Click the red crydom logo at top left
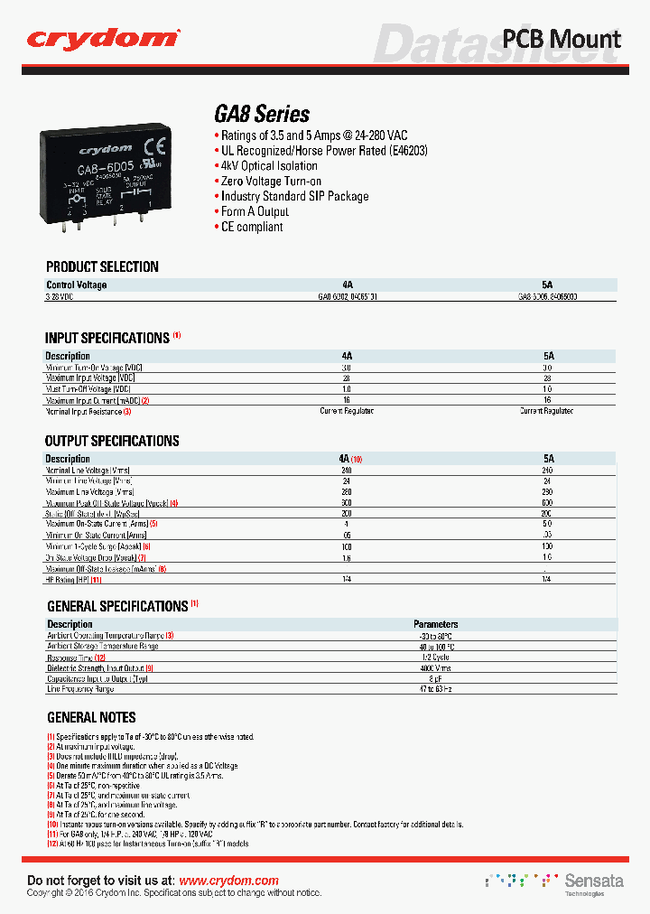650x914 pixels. coord(102,38)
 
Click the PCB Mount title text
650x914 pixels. coord(561,39)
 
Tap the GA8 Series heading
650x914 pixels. coord(262,115)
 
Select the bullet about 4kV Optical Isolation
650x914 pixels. coord(269,166)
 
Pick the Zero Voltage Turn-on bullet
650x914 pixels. coord(271,182)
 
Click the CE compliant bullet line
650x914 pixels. coord(252,227)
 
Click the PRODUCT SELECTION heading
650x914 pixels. coord(102,267)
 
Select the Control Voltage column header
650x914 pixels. coord(77,285)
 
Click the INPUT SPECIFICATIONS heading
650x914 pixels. coord(107,338)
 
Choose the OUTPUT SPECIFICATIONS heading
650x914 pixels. coord(112,441)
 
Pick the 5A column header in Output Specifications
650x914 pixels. coord(548,459)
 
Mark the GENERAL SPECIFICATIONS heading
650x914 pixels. coord(116,606)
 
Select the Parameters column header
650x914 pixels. coord(435,624)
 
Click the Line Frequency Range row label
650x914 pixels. coord(80,689)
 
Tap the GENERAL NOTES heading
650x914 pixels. coord(91,717)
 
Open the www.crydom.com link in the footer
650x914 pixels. coord(228,881)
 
